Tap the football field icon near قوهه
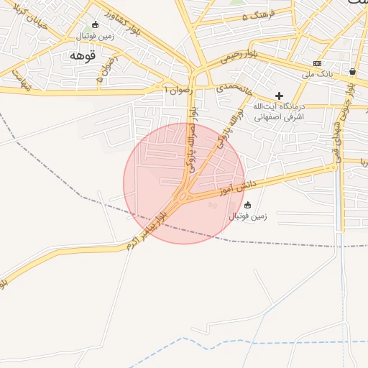96,24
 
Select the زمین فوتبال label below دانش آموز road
249,216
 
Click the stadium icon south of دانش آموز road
248,205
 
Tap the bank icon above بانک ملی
317,63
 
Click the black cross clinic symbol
280,96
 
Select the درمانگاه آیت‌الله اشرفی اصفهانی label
279,110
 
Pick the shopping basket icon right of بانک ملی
352,71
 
